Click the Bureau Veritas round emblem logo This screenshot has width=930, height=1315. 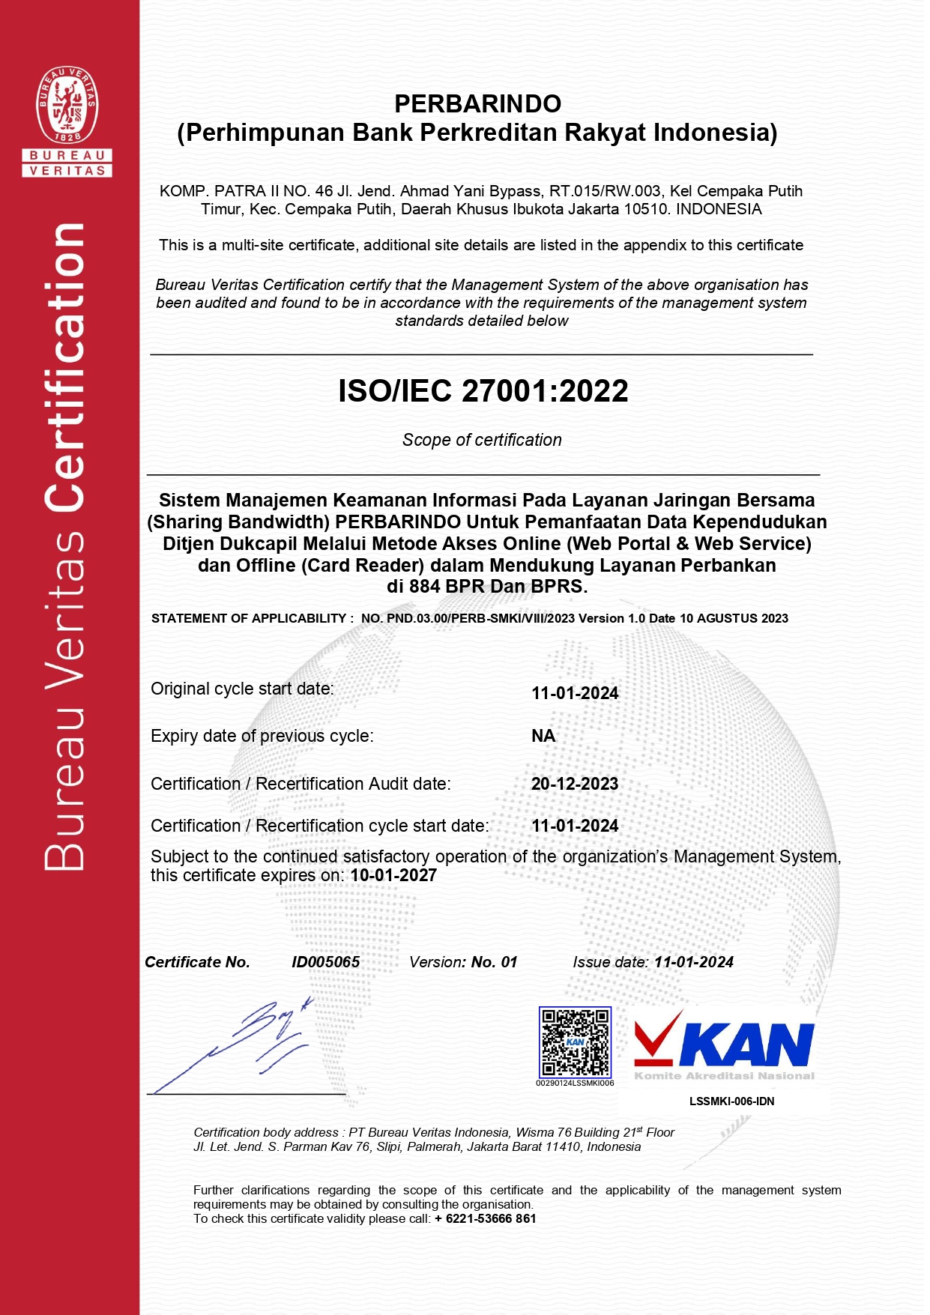click(67, 105)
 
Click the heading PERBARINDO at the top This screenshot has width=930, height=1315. click(477, 103)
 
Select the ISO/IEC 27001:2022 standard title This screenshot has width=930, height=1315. click(483, 391)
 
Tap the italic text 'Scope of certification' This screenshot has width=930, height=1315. click(482, 440)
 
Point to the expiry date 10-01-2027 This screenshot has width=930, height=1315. click(393, 875)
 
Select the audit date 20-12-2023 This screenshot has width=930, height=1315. click(575, 784)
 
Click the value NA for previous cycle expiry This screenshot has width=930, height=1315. click(543, 736)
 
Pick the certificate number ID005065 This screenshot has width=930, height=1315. click(325, 962)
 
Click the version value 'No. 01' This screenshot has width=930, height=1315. click(494, 962)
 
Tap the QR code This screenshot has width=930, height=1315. click(575, 1042)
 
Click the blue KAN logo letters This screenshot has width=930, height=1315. click(746, 1045)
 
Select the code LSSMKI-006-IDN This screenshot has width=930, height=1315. click(731, 1101)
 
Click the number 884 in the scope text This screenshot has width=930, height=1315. click(425, 587)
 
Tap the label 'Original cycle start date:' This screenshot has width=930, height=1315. click(242, 689)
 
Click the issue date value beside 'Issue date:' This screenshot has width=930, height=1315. click(693, 962)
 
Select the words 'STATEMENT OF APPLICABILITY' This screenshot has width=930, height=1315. click(250, 618)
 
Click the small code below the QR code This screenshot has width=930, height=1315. click(575, 1083)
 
